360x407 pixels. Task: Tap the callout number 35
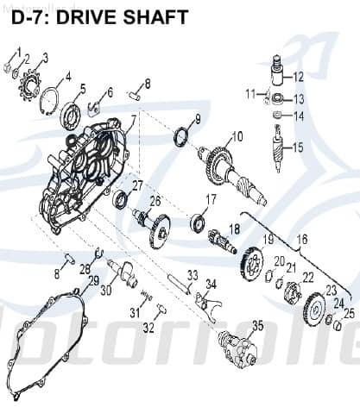click(256, 325)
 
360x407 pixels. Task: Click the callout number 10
click(235, 135)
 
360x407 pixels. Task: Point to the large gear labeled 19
click(251, 262)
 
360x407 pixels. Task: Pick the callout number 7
click(134, 118)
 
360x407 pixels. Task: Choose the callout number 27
click(136, 185)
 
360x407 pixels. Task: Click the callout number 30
click(106, 291)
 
